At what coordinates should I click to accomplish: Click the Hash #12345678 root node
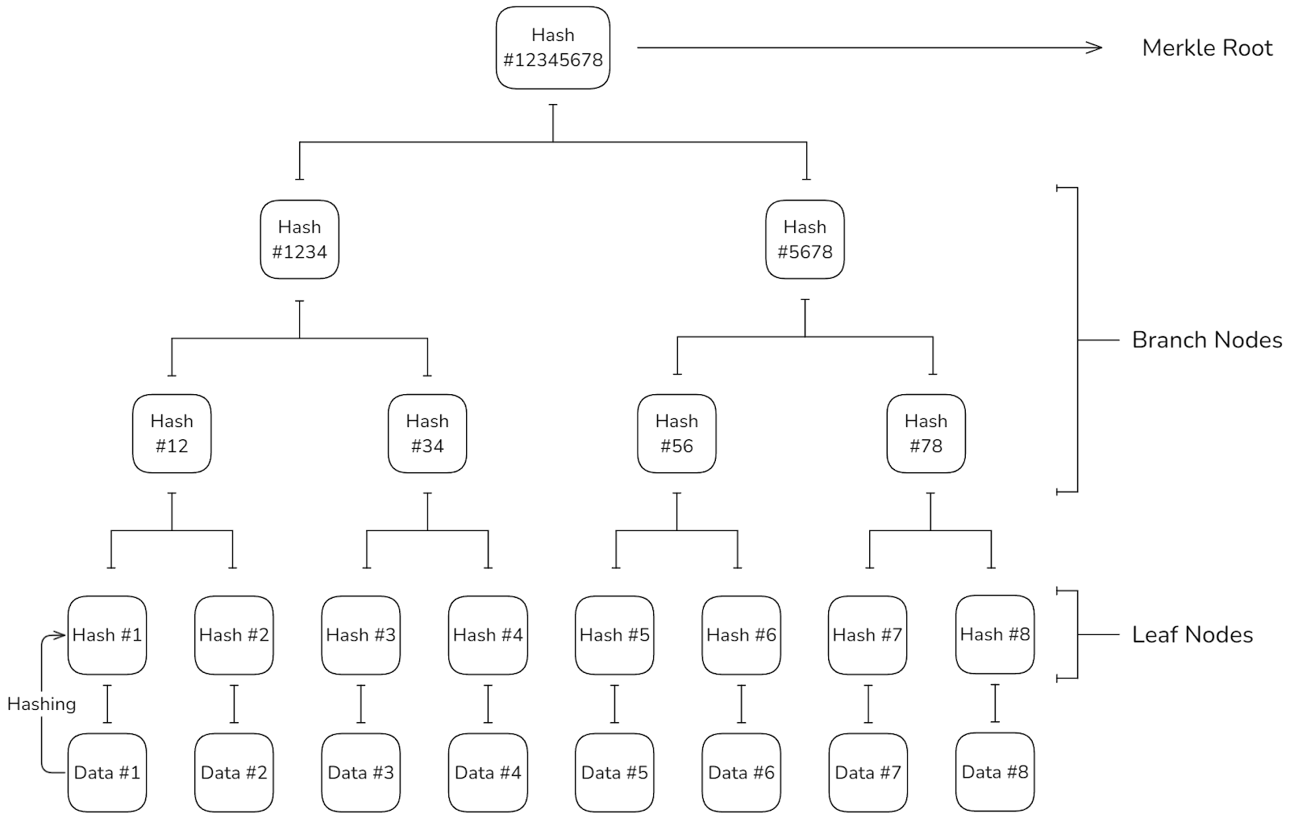(x=553, y=48)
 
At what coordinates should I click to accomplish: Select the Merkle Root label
(x=1207, y=48)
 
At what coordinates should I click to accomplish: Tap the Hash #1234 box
(x=299, y=239)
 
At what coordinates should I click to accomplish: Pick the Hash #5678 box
(x=805, y=239)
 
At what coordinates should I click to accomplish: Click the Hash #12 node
(x=172, y=434)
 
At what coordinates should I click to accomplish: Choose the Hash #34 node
(x=427, y=434)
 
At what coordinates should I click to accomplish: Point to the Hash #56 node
(x=676, y=434)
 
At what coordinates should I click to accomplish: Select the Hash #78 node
(x=926, y=434)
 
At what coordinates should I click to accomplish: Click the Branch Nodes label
(x=1207, y=339)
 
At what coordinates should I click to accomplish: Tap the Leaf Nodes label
(x=1192, y=634)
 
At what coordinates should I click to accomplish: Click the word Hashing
(x=41, y=704)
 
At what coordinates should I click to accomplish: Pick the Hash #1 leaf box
(x=107, y=635)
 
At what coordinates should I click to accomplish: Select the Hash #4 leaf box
(x=488, y=635)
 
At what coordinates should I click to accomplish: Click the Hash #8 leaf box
(x=995, y=634)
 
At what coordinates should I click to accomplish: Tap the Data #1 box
(x=107, y=773)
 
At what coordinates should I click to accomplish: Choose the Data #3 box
(x=361, y=773)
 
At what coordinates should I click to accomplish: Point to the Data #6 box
(x=741, y=773)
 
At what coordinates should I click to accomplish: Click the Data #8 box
(x=995, y=772)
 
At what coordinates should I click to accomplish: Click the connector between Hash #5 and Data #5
(x=614, y=704)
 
